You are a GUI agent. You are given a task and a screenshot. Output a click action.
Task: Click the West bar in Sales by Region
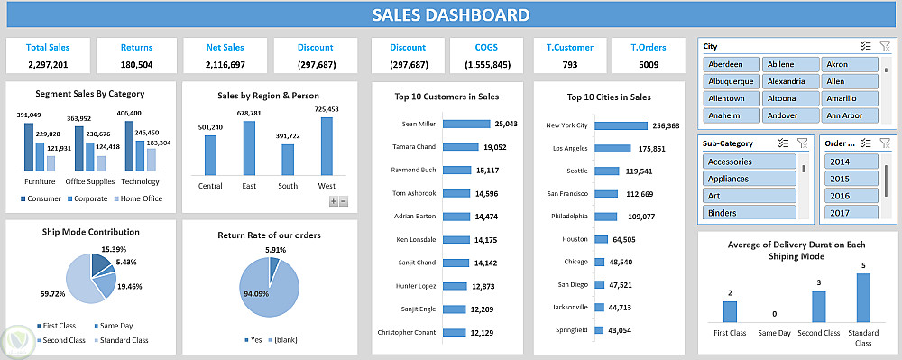pos(327,146)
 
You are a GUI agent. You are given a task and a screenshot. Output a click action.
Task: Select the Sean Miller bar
pos(466,124)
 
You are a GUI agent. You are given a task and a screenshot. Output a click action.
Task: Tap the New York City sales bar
pos(621,125)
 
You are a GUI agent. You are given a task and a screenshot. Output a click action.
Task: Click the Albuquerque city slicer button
pos(732,81)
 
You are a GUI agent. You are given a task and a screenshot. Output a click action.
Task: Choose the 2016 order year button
pos(851,196)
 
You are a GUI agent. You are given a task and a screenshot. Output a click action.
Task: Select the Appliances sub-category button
pos(749,179)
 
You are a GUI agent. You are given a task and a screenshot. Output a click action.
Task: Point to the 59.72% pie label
pos(52,294)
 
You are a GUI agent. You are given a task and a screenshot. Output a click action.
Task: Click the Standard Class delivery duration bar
pos(863,298)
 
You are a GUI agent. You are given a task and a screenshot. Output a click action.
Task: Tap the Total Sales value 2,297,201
pos(48,64)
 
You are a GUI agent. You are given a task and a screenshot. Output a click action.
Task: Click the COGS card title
pos(487,48)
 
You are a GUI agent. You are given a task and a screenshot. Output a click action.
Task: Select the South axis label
pos(288,186)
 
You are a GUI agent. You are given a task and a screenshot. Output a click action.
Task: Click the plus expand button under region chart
pos(334,201)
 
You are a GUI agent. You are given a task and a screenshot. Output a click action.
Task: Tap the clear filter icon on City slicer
pos(885,46)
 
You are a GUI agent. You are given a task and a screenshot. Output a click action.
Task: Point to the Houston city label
pos(575,239)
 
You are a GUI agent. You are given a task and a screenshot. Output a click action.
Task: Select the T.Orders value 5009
pos(649,64)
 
